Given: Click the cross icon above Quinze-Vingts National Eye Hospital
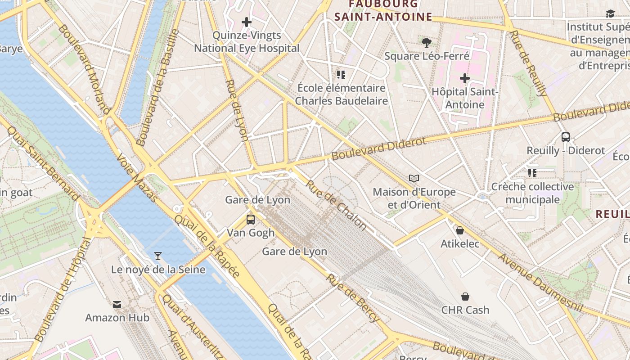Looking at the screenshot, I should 247,22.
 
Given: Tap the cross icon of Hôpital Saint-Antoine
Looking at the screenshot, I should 464,79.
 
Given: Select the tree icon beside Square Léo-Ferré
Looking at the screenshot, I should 427,43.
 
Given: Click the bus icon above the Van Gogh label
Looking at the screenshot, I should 251,220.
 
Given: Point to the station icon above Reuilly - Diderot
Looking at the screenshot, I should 566,137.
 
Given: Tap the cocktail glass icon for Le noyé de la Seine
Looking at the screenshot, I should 157,256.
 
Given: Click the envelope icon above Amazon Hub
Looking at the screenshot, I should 117,305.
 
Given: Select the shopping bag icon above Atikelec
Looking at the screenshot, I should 460,231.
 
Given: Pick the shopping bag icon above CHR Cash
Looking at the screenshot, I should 465,297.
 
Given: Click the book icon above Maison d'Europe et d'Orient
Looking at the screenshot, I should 414,179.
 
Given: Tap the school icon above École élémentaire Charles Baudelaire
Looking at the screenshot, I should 341,74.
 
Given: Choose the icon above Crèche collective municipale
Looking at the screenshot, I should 532,173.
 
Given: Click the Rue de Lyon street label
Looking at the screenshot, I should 237,110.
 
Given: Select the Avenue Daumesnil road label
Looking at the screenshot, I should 540,283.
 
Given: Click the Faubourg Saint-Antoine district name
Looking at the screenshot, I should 383,11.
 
